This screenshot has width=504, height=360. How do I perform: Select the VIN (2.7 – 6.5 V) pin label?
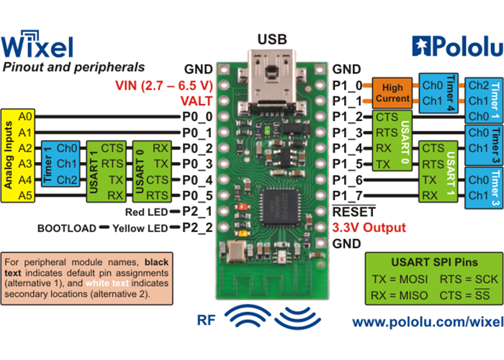tap(165, 86)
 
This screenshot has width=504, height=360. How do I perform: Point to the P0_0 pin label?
tap(196, 117)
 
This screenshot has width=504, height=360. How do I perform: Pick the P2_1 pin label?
tap(196, 212)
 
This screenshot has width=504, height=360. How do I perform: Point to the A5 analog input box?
tap(25, 195)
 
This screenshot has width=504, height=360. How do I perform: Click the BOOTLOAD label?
tap(67, 228)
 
